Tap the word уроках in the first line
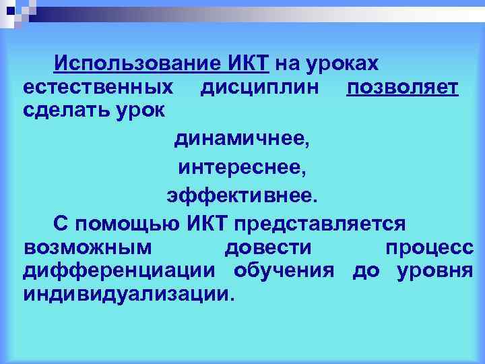tap(344, 64)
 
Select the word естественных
tap(97, 87)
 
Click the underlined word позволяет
tap(402, 87)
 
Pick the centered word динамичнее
tap(243, 140)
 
